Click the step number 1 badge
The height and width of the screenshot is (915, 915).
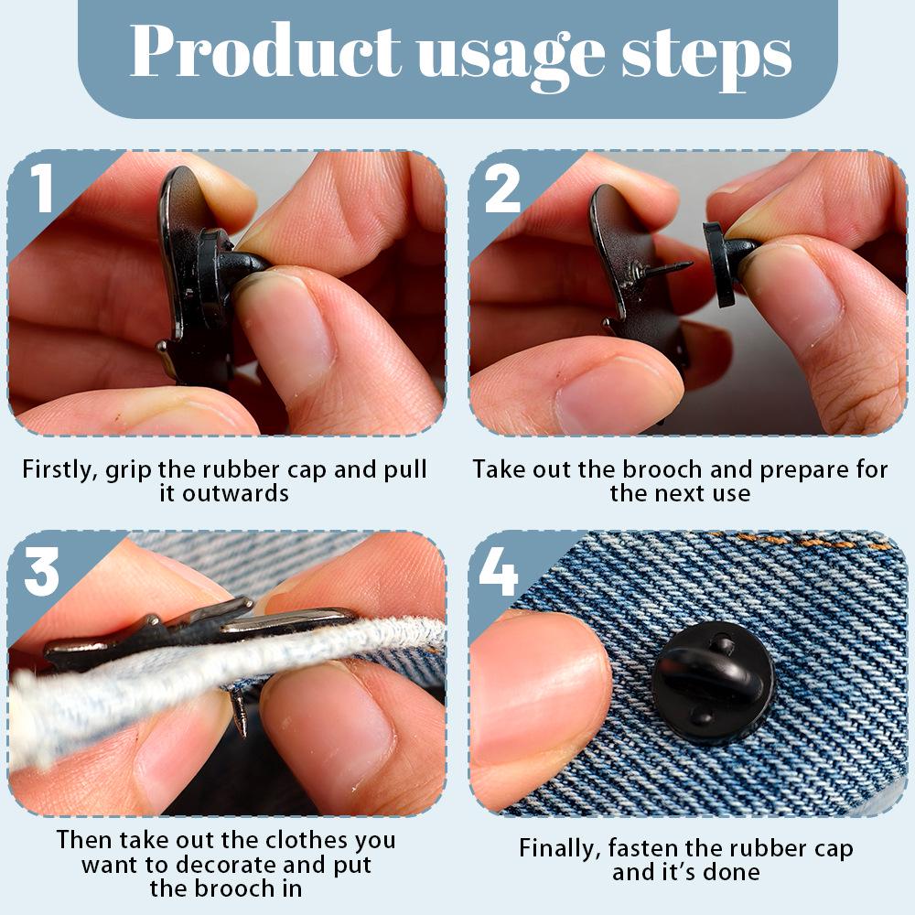41,188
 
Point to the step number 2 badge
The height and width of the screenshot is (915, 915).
501,188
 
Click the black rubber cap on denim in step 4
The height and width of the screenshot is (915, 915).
712,682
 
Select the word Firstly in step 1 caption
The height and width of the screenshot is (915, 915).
59,470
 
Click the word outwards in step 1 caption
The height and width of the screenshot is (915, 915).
234,494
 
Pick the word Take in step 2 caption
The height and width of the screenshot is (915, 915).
497,469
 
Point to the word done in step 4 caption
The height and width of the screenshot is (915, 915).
732,872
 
